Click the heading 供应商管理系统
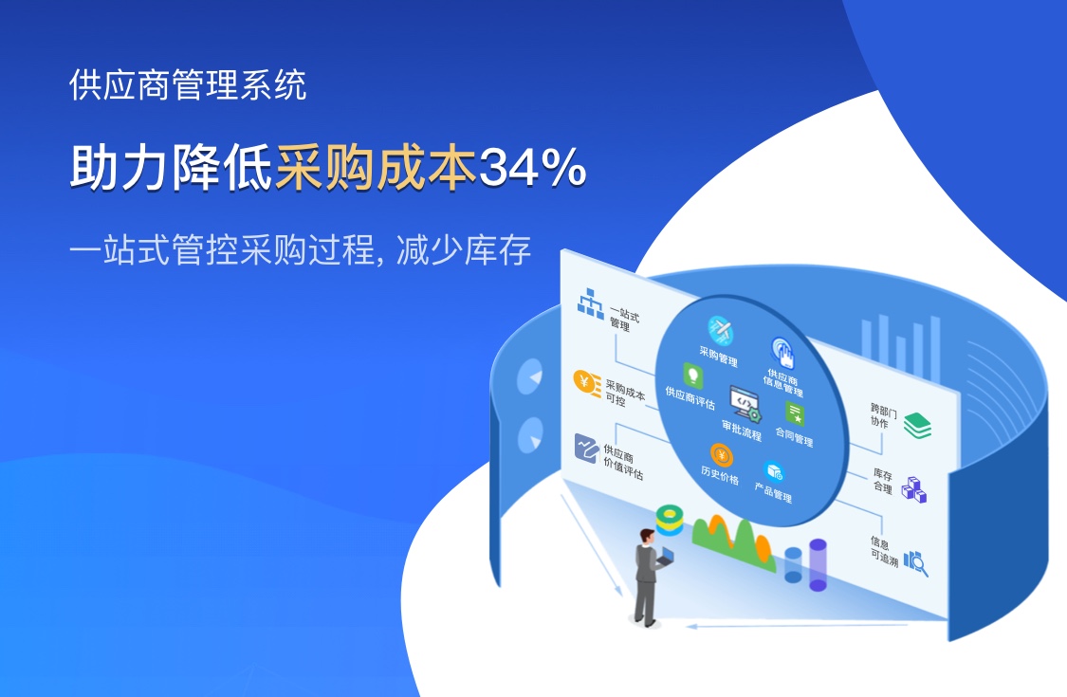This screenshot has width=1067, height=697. pos(188,85)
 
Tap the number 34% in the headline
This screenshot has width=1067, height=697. pos(533,167)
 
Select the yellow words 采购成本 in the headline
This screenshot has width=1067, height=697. pos(376,167)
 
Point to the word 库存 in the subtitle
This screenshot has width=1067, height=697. pos(497,249)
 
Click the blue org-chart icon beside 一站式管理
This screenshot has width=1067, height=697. pos(590,303)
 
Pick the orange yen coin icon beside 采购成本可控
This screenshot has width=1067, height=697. pos(586,383)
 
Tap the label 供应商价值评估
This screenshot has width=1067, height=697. pos(623,462)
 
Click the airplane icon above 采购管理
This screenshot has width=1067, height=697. pos(719,331)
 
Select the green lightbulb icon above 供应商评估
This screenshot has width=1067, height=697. pos(692,375)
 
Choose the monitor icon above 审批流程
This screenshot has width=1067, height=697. pos(745,404)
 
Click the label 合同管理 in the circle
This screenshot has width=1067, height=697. pos(794,436)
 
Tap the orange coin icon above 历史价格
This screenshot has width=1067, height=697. pos(722,454)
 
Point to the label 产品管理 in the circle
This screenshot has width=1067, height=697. pos(773,492)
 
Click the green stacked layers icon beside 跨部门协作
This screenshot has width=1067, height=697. pos(917,426)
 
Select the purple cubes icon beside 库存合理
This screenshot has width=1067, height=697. pos(914,489)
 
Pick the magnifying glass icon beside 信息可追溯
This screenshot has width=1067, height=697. pos(916,563)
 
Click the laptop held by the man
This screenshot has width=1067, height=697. pos(666,557)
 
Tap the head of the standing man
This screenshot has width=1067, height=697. pos(647,537)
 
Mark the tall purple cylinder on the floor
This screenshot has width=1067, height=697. pos(818,565)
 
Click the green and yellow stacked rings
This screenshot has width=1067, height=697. pos(669,519)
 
